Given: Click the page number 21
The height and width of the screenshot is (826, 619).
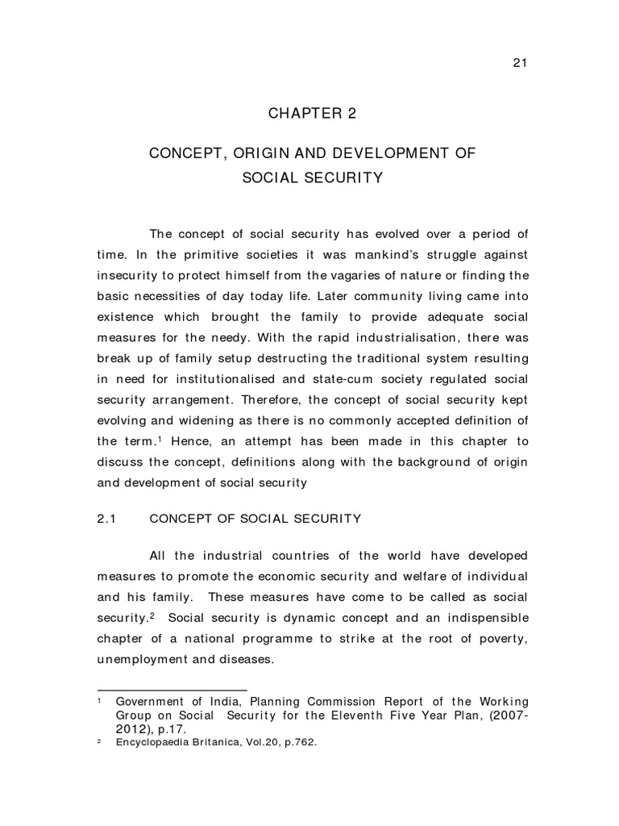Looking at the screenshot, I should (x=520, y=65).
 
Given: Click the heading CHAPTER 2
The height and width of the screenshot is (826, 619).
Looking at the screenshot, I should (x=312, y=114).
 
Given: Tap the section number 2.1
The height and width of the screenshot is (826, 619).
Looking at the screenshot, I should (x=108, y=519).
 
